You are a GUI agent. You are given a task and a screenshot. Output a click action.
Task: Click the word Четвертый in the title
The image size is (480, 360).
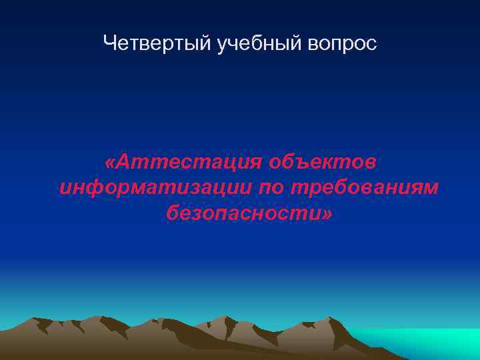(157, 44)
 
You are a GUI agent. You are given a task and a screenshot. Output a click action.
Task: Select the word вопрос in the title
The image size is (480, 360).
(343, 45)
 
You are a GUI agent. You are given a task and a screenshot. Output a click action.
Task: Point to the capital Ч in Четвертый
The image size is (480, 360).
(111, 44)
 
